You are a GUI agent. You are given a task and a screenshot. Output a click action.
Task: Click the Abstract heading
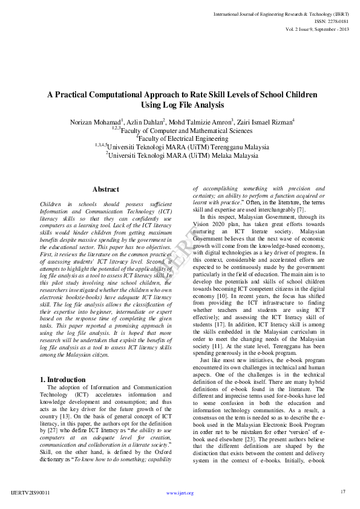pyautogui.click(x=105, y=190)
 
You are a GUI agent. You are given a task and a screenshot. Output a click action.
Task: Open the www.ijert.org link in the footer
pyautogui.click(x=180, y=493)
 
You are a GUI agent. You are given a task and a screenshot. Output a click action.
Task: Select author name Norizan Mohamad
pyautogui.click(x=94, y=122)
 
